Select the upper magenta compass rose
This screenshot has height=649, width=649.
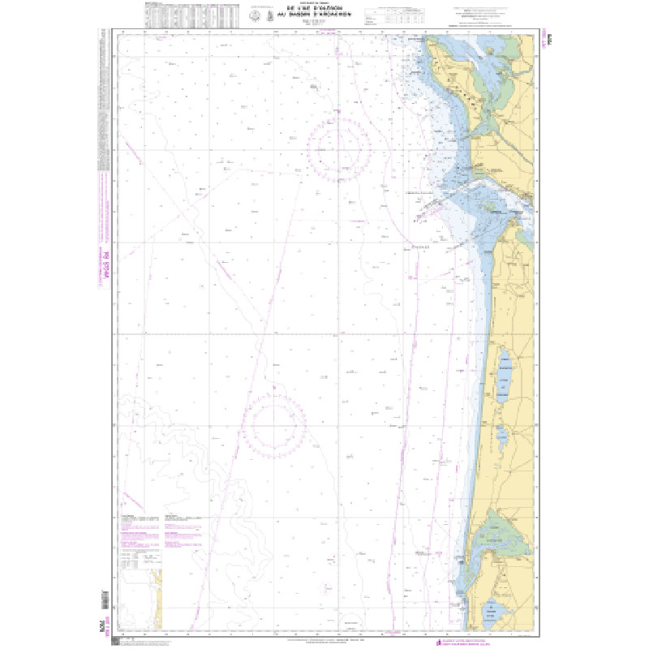344,148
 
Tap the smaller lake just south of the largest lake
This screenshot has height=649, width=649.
504,435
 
